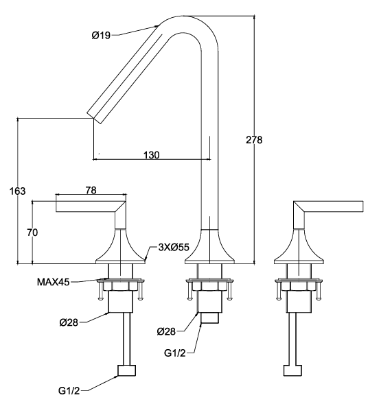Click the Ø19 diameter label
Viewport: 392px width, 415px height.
101,34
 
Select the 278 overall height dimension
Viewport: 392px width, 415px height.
254,140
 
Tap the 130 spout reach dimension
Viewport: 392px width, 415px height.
152,155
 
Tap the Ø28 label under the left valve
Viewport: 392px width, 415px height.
68,322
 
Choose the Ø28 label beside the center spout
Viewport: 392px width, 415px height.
166,331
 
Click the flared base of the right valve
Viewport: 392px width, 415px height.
300,250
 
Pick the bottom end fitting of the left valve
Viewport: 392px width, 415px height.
127,371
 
